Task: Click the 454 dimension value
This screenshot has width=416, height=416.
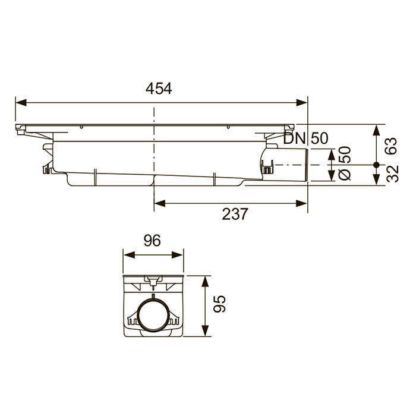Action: (x=159, y=89)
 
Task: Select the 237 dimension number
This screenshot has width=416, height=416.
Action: (x=235, y=214)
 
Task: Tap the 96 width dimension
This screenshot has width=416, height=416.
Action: (x=152, y=241)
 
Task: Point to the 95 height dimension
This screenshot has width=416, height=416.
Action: (x=220, y=304)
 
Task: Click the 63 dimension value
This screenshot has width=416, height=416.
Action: (x=392, y=146)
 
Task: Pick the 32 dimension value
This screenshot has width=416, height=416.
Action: (x=392, y=174)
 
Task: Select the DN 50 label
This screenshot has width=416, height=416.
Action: (x=305, y=138)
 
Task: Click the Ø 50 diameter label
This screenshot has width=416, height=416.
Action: (x=345, y=163)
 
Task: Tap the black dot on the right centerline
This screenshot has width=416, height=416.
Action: (x=376, y=165)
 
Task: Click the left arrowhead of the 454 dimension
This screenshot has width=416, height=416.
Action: (x=21, y=103)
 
